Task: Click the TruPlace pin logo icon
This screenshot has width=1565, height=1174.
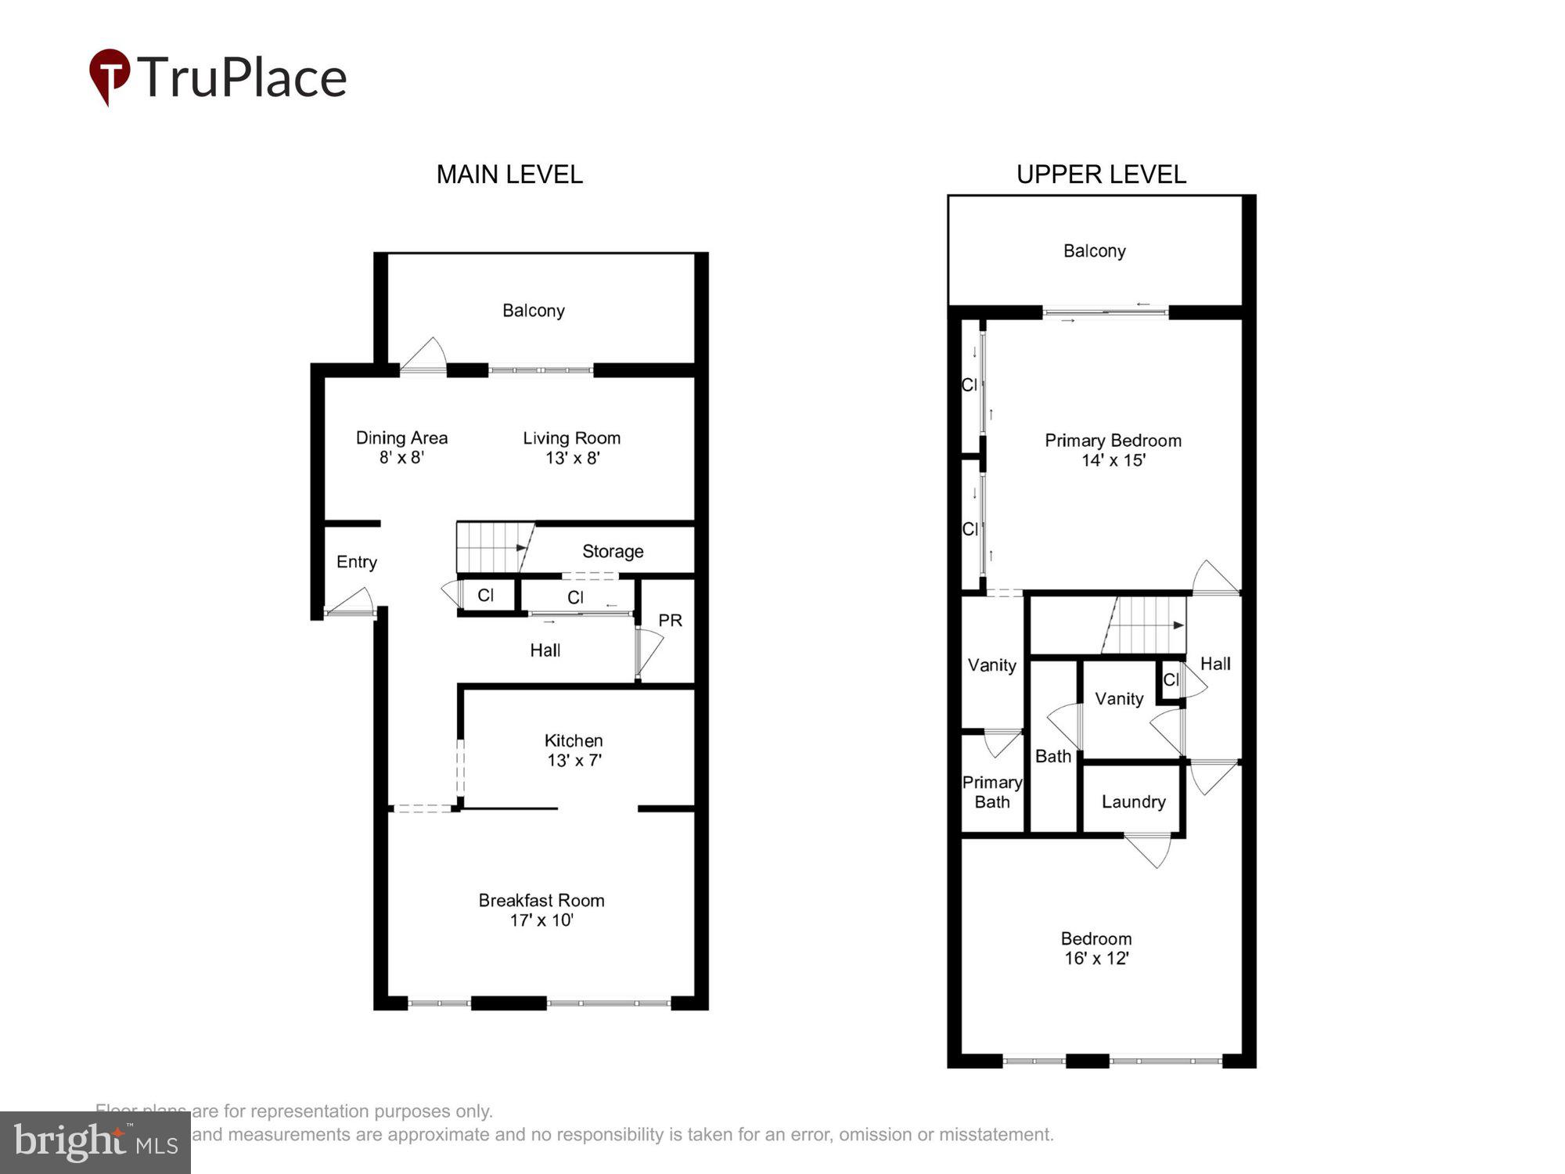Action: tap(110, 75)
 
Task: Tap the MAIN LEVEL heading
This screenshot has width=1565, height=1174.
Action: tap(509, 174)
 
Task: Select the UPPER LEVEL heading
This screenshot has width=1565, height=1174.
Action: tap(1101, 174)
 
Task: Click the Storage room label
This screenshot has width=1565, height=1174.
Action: tap(613, 551)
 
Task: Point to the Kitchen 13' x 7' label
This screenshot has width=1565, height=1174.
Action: tap(574, 750)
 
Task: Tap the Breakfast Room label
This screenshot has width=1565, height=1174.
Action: tap(541, 909)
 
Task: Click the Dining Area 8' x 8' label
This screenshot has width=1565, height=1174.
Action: tap(401, 447)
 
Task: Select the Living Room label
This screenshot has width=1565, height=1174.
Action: tap(571, 447)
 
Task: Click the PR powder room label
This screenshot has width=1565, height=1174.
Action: tap(670, 620)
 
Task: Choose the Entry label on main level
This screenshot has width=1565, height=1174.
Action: tap(357, 562)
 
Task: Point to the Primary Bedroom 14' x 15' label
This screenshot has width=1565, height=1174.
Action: tap(1113, 450)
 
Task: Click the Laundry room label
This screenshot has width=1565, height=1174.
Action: tap(1133, 801)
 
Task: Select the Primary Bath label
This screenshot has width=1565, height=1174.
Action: tap(991, 791)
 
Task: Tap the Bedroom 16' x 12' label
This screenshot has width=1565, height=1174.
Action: tap(1095, 948)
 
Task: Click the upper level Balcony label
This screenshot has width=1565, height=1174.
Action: tap(1094, 251)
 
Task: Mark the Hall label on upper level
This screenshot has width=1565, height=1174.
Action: tap(1214, 664)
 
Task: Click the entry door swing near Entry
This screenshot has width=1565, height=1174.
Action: tap(352, 603)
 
